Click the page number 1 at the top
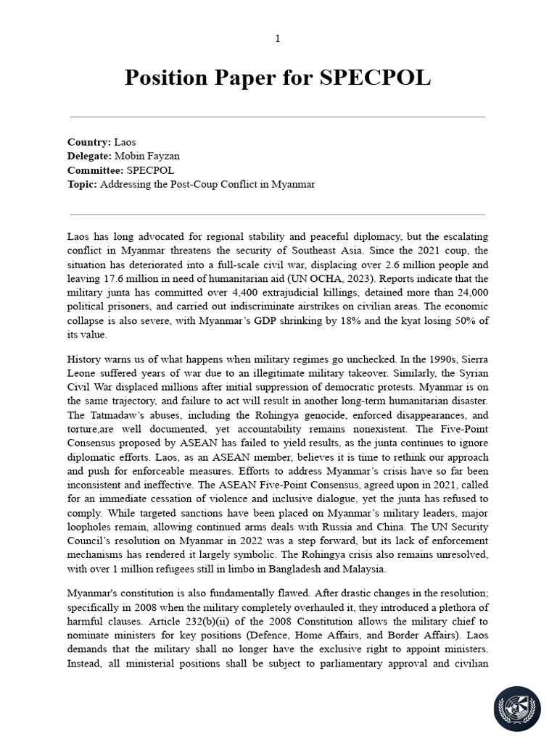278,38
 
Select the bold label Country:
89,142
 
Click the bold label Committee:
96,170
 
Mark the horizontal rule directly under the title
278,116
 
